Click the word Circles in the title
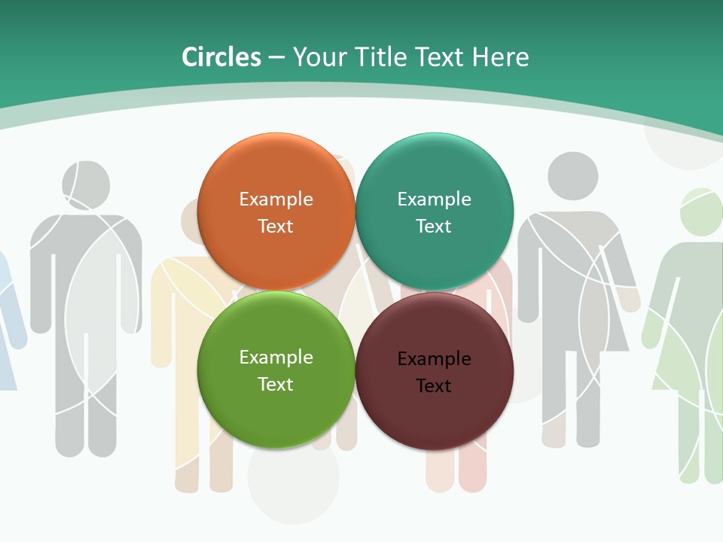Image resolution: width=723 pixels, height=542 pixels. [221, 57]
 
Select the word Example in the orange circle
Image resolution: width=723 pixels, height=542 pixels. [276, 199]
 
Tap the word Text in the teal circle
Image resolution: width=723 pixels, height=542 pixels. [434, 227]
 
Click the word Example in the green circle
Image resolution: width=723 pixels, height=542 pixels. [276, 358]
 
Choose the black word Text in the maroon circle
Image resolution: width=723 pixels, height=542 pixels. [434, 386]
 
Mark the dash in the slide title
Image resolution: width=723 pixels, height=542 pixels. [276, 58]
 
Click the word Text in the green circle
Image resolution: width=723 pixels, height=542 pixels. [276, 385]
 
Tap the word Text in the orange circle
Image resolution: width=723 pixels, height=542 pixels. [276, 227]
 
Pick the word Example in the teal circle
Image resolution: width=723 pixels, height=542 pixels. [434, 199]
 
